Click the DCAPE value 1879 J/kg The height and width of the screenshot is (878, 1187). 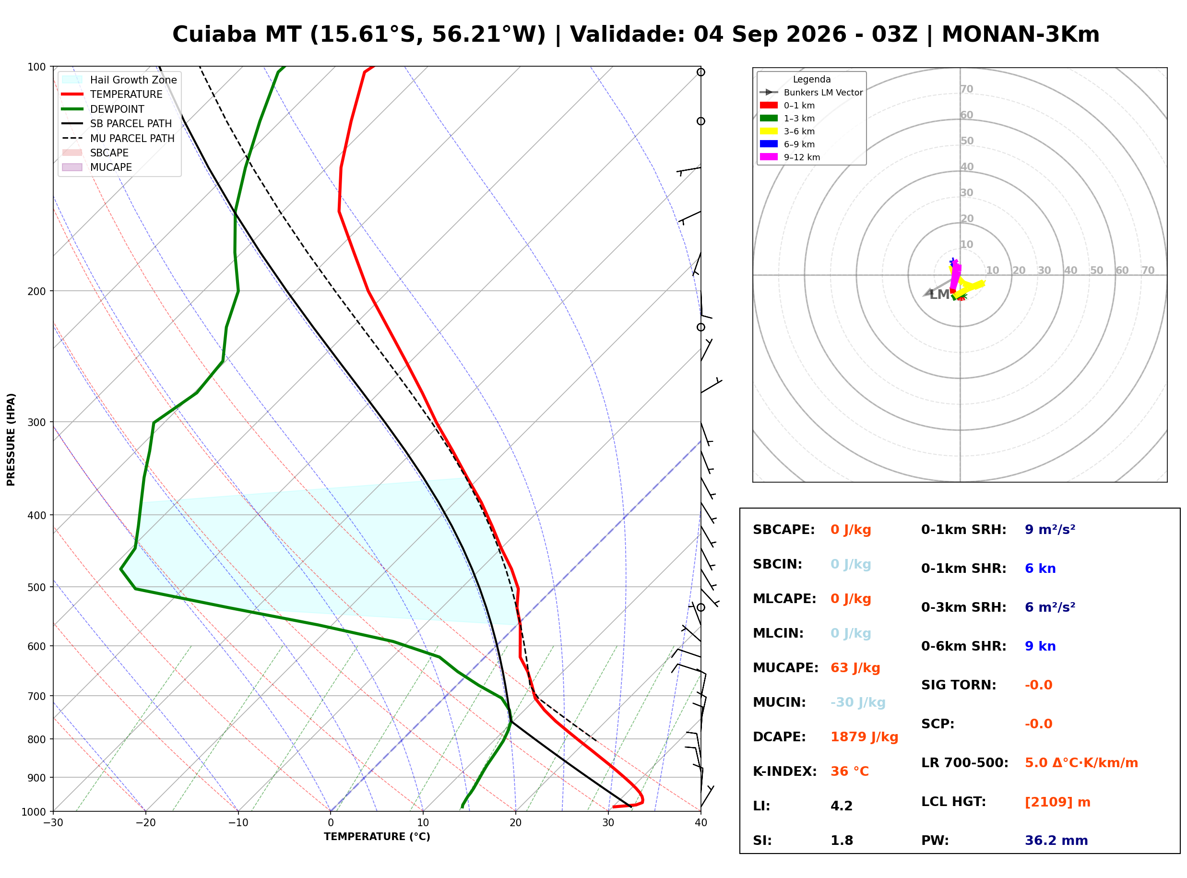coord(864,737)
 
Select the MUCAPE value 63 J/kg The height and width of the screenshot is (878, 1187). coord(855,668)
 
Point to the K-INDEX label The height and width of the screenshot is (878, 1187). coord(785,771)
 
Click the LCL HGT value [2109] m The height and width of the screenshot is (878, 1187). coord(1057,803)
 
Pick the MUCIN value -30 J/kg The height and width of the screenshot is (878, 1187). coord(857,702)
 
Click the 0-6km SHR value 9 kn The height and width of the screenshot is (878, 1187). coord(1040,646)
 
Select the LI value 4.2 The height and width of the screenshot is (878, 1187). coord(841,806)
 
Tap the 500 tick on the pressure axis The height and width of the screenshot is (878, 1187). coord(36,587)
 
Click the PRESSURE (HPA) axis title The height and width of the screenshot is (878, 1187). coord(11,439)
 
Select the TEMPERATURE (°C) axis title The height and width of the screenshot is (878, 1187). coord(377,837)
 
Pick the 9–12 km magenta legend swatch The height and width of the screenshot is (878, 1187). coord(768,157)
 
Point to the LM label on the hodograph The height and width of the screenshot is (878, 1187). coord(939,295)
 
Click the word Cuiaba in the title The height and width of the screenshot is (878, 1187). coord(214,35)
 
